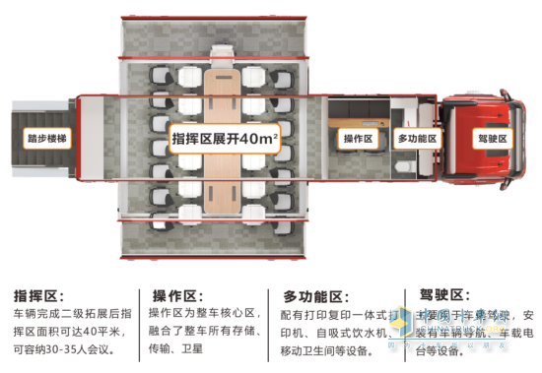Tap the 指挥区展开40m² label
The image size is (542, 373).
(x=226, y=138)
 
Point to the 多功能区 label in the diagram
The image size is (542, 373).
(x=417, y=139)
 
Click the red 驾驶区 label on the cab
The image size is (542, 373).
(x=490, y=139)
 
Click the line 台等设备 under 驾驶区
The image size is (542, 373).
(x=438, y=349)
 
